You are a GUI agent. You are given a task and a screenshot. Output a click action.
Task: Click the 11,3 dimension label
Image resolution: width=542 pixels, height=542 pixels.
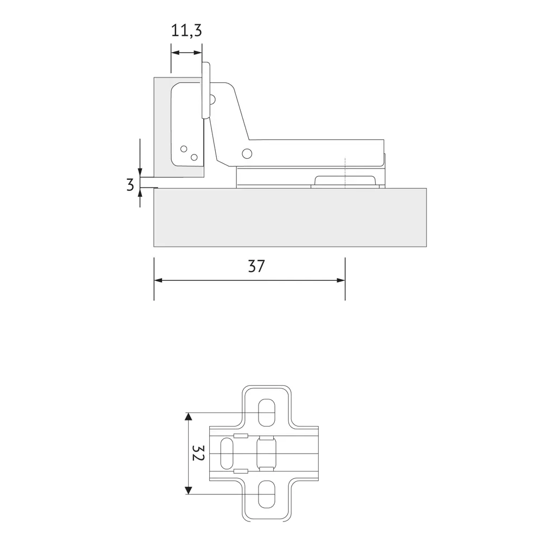click(x=186, y=31)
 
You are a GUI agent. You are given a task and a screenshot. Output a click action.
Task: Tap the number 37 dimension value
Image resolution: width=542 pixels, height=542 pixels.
click(x=256, y=266)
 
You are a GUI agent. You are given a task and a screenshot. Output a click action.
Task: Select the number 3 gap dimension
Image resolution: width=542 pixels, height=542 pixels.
click(x=130, y=185)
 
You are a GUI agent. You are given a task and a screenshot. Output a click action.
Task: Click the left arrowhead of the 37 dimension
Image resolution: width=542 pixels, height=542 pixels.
click(x=158, y=280)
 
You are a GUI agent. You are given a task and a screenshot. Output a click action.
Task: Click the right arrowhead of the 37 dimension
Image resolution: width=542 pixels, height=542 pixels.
click(x=341, y=280)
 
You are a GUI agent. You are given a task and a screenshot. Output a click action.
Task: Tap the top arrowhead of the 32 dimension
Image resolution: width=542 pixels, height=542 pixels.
click(x=188, y=416)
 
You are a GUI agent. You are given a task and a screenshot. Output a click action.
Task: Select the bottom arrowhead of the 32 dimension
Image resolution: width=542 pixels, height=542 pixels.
click(x=188, y=490)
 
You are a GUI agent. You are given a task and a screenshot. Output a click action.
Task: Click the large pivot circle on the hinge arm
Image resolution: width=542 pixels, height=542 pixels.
click(x=247, y=153)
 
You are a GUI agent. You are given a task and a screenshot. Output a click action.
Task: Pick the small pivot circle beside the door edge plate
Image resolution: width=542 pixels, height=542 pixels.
click(x=212, y=100)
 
